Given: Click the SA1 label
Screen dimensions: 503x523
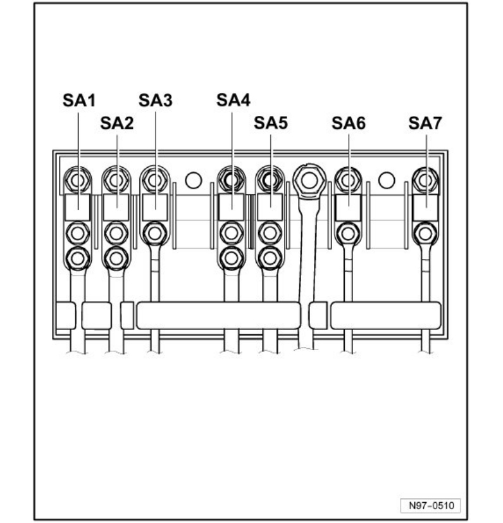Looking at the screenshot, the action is (78, 101).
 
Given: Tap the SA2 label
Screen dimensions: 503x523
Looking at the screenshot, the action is (117, 123).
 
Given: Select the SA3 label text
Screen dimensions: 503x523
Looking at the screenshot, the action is (156, 101).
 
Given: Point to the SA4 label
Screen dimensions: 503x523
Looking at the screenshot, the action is (233, 101).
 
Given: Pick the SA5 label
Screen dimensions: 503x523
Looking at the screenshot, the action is (271, 123).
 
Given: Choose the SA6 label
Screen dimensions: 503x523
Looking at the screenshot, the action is (349, 123).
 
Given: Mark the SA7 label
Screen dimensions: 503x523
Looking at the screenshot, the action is (425, 123).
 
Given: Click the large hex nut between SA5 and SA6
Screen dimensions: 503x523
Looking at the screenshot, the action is (309, 180).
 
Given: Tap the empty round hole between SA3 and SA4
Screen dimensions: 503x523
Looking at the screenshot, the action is (193, 180).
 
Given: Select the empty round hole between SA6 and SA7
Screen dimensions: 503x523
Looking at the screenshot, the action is (387, 180).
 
